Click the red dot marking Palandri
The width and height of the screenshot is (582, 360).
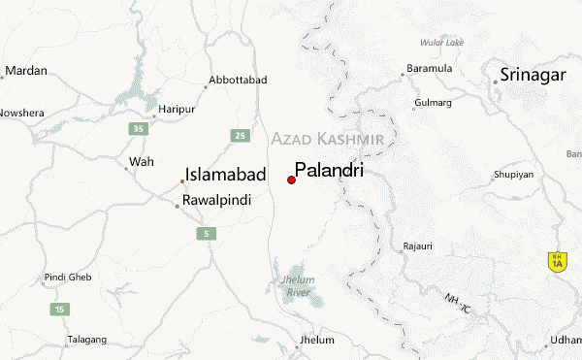point(291,180)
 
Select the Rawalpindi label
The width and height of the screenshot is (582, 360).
point(217,201)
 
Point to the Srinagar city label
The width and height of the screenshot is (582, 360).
point(533,76)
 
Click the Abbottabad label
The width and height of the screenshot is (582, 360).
point(237,80)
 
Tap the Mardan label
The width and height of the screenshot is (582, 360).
point(28,71)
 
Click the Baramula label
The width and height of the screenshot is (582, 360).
point(428,69)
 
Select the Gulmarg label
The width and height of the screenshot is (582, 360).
point(433,102)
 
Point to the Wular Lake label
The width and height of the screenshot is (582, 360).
point(441,43)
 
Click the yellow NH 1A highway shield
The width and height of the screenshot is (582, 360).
point(556,260)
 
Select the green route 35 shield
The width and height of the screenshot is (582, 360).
point(140,128)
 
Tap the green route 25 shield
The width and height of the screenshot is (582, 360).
point(239,134)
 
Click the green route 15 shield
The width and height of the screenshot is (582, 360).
point(61,309)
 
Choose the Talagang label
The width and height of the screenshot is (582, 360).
point(87,340)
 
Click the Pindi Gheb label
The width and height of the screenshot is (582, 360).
point(68,278)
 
